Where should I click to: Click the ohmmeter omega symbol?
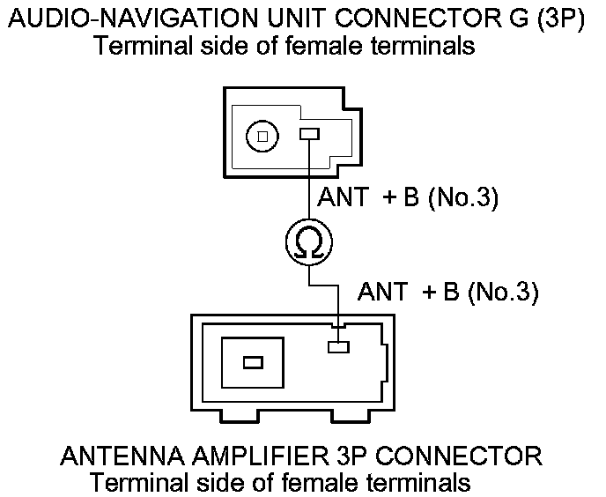(308, 241)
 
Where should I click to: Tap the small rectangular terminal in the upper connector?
(309, 135)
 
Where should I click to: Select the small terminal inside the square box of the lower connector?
(253, 362)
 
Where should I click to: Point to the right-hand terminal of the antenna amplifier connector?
(337, 346)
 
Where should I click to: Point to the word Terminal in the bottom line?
(137, 483)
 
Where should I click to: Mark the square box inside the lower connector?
(254, 362)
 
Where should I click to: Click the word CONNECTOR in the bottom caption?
(463, 456)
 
